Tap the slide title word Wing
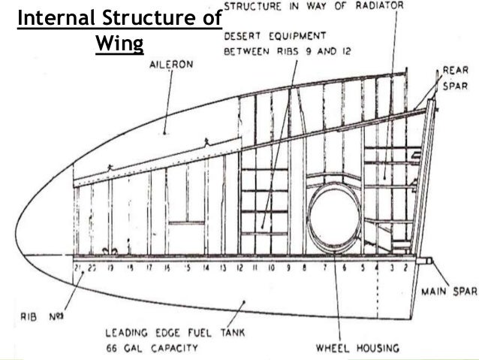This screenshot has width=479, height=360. [x=119, y=44]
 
